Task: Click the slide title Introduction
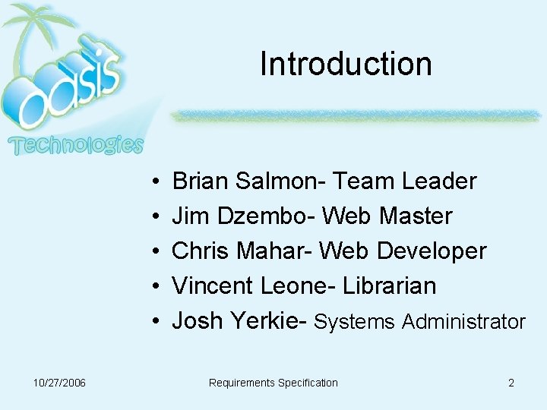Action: pyautogui.click(x=346, y=64)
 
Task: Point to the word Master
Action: pyautogui.click(x=416, y=216)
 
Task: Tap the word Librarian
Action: pyautogui.click(x=390, y=286)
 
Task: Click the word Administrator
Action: pyautogui.click(x=463, y=322)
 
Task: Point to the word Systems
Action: pyautogui.click(x=354, y=322)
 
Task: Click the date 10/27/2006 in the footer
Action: pyautogui.click(x=60, y=383)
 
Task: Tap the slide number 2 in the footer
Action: pyautogui.click(x=511, y=383)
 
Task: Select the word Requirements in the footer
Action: pyautogui.click(x=242, y=383)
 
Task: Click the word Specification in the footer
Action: pyautogui.click(x=308, y=383)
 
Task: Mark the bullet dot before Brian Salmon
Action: pyautogui.click(x=154, y=182)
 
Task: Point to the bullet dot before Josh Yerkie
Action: pyautogui.click(x=154, y=322)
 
